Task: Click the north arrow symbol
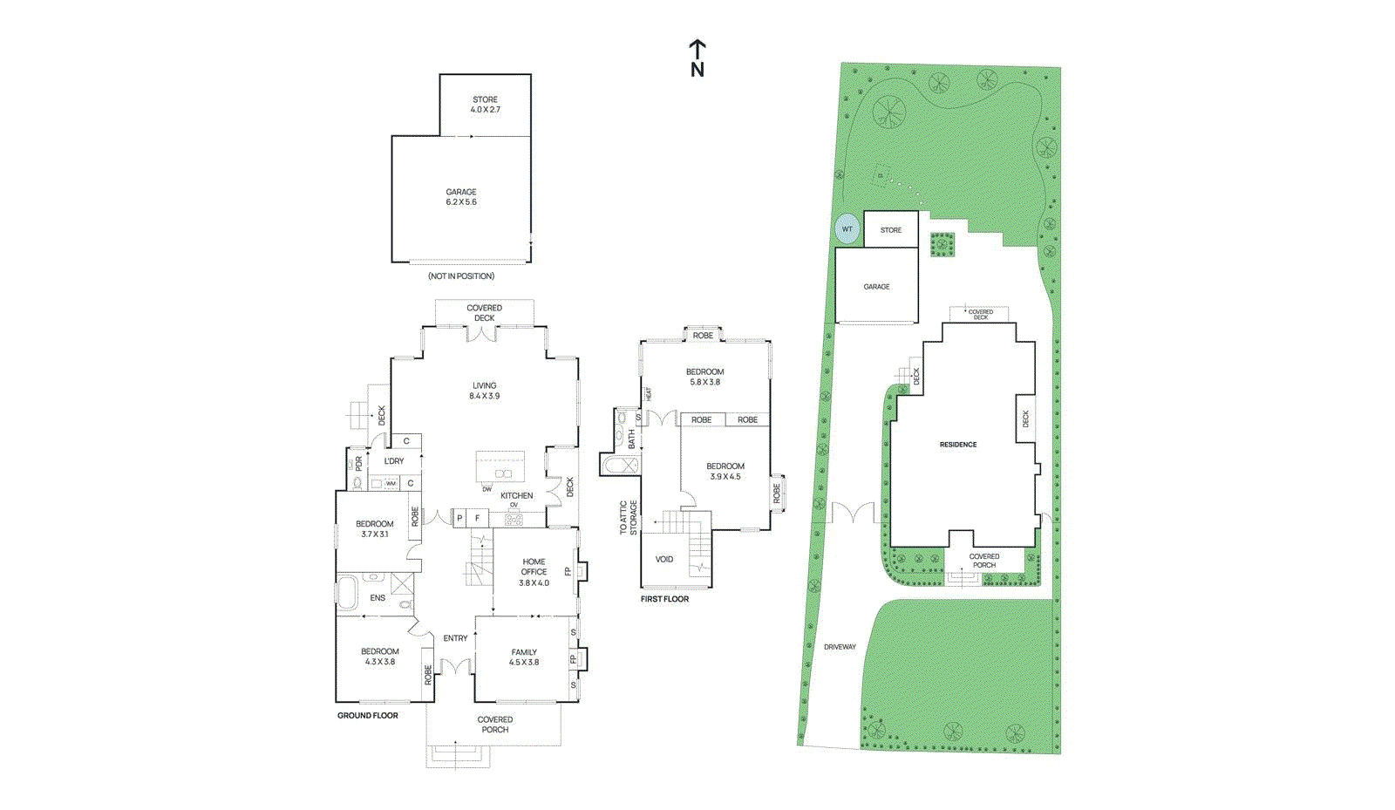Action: click(697, 58)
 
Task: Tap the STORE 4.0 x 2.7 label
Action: click(486, 105)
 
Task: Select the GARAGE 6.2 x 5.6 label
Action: click(461, 197)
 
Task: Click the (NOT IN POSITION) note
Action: click(461, 276)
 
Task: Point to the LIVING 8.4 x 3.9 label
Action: click(485, 391)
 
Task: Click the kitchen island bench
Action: click(500, 466)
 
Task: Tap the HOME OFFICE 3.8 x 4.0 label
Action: click(534, 572)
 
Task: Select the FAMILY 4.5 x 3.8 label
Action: click(524, 657)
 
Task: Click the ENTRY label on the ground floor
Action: click(455, 638)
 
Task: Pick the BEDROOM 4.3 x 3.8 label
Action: click(380, 657)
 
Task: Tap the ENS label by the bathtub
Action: click(378, 598)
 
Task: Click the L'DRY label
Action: click(394, 461)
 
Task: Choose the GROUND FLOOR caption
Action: click(368, 716)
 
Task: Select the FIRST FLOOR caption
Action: click(664, 599)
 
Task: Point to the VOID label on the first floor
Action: click(664, 560)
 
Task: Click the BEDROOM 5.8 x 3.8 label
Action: click(704, 377)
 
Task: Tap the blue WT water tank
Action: click(847, 229)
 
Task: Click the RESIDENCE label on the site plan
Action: click(958, 445)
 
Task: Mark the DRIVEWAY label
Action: click(840, 647)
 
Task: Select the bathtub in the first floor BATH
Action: click(621, 466)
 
